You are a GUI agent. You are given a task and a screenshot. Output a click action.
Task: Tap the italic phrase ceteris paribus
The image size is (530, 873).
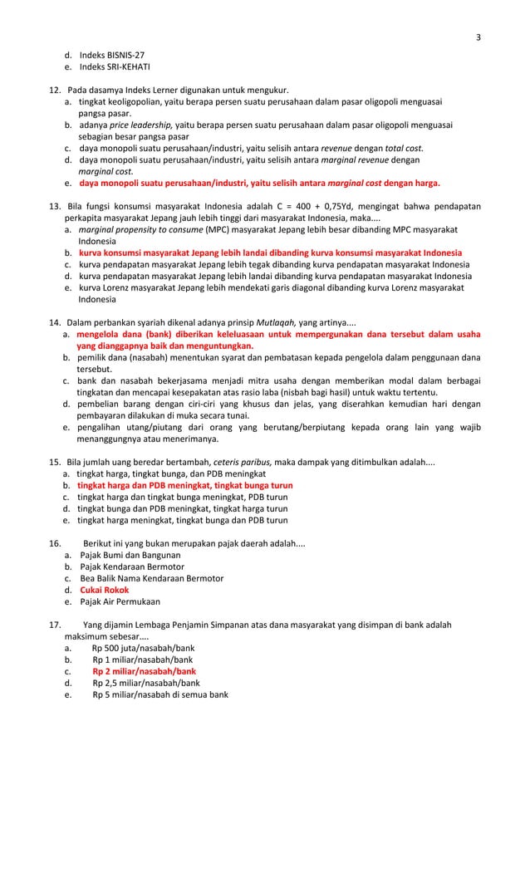(243, 461)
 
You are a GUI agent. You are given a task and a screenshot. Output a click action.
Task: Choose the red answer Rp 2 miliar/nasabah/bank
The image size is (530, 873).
(145, 671)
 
